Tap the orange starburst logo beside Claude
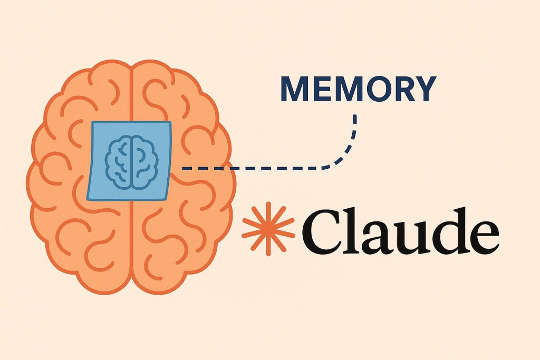click(x=268, y=227)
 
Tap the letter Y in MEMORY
click(x=423, y=90)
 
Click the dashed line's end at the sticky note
click(x=184, y=169)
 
